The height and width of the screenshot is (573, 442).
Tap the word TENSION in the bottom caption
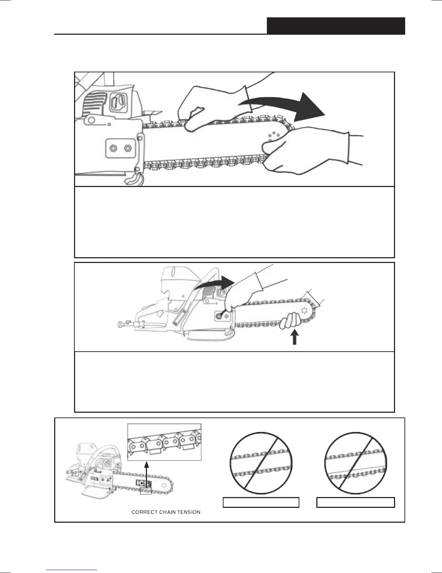[188, 512]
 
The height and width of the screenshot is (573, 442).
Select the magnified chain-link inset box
[164, 442]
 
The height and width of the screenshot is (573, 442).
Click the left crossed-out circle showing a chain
[261, 463]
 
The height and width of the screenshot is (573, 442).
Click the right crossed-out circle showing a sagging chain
[356, 463]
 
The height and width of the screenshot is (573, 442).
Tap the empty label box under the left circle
[261, 502]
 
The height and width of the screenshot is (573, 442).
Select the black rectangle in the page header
[336, 25]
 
